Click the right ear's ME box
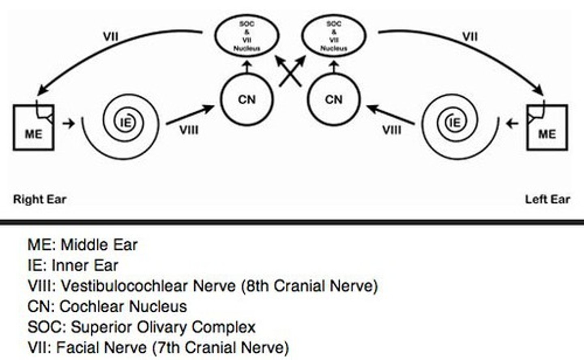[x=34, y=127]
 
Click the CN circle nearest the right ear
[x=247, y=99]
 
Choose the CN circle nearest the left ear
[x=333, y=99]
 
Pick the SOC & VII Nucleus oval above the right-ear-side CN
[x=247, y=36]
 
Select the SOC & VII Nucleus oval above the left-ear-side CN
[x=334, y=36]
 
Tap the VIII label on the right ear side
[x=189, y=130]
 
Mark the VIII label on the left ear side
[x=391, y=130]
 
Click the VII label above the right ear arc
[x=110, y=37]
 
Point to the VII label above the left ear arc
[x=470, y=37]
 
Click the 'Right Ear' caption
[x=40, y=199]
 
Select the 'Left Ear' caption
[x=547, y=199]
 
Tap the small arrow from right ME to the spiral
[x=69, y=123]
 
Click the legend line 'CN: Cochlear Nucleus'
[x=107, y=306]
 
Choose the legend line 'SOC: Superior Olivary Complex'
[x=142, y=327]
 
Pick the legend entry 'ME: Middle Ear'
[x=83, y=245]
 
